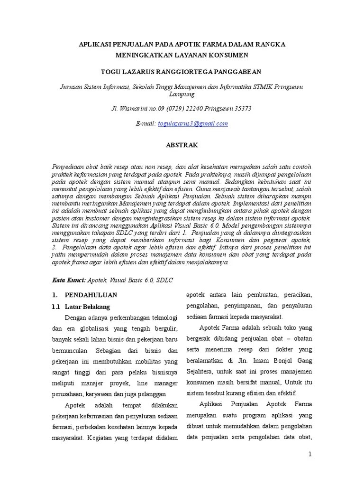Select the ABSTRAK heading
coord(182,145)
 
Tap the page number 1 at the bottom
coord(310,454)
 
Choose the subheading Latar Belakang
coord(87,306)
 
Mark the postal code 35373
coord(241,108)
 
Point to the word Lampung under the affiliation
coord(182,94)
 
